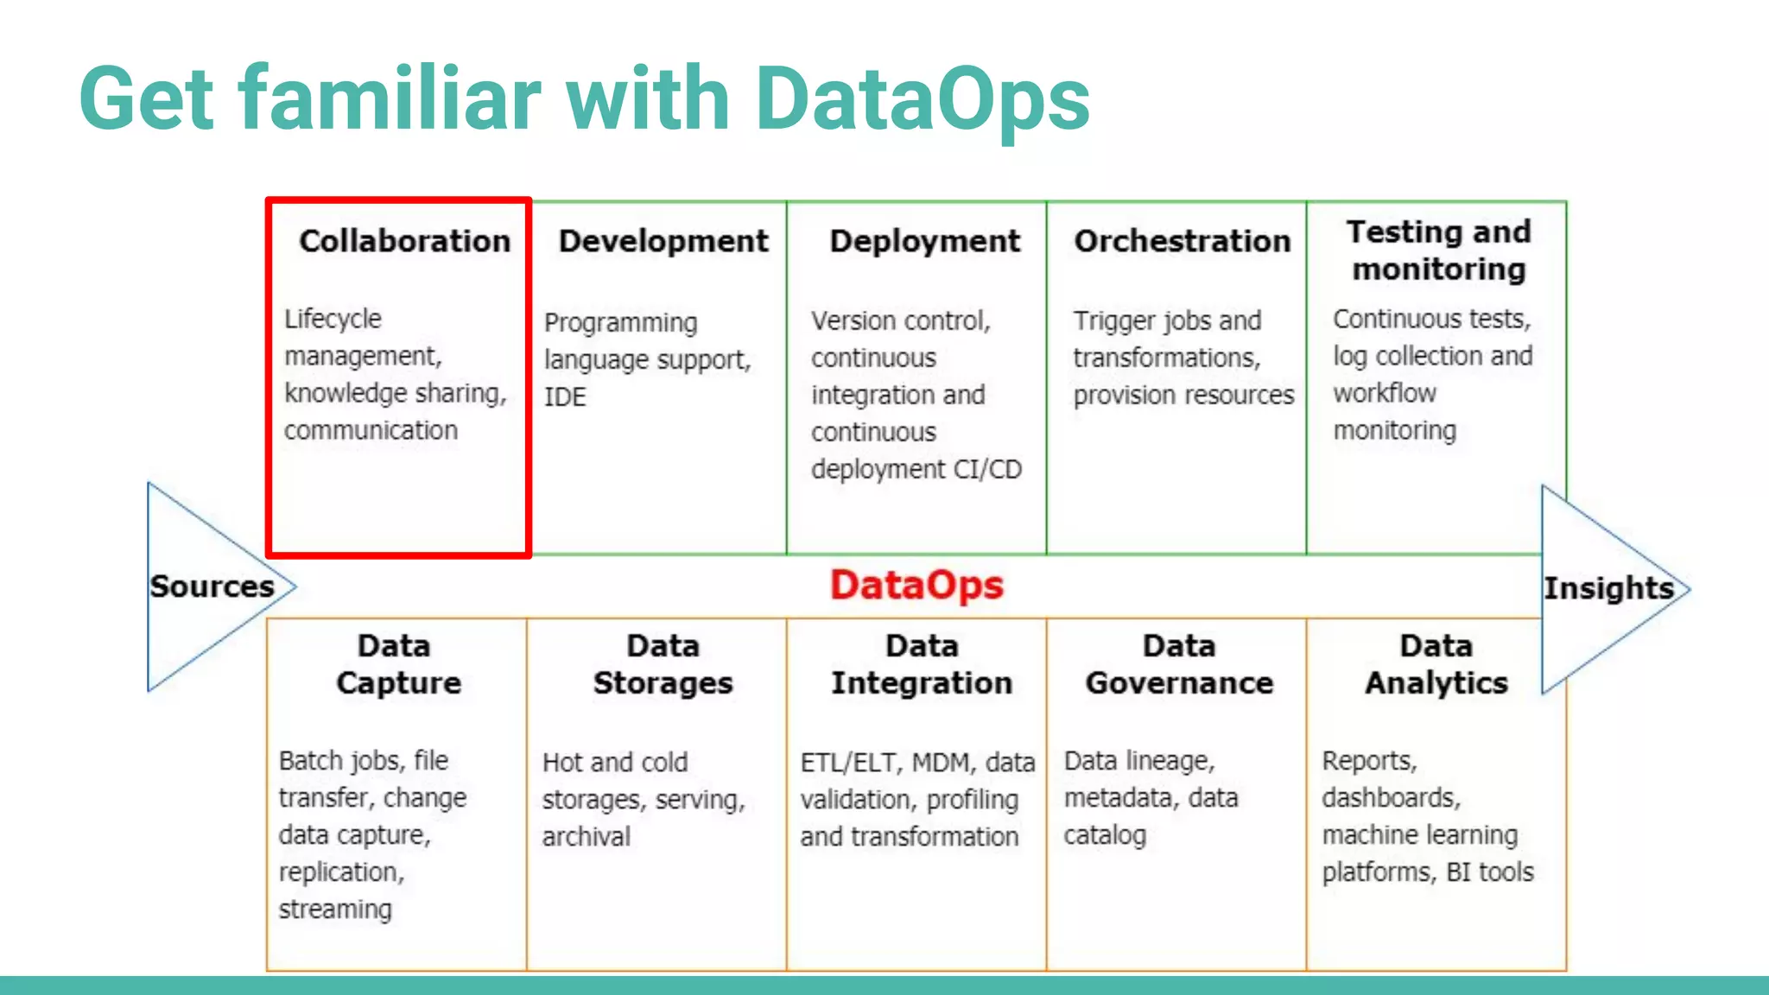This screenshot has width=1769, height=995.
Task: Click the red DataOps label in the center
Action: [916, 586]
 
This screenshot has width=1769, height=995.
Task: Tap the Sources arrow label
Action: [212, 586]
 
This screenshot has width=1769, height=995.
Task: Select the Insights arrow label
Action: [1608, 588]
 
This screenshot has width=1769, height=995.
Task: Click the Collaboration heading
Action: [404, 241]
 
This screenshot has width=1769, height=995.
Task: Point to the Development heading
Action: [663, 241]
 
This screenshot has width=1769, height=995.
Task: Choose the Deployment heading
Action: [924, 241]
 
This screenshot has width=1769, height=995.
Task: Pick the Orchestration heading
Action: [1182, 241]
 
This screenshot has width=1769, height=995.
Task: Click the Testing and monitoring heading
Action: [1438, 250]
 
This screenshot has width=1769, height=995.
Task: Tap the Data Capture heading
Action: [397, 664]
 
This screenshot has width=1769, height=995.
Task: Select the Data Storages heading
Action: [663, 664]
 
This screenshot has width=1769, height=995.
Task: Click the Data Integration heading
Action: [922, 664]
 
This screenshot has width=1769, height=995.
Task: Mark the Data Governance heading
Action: [1179, 664]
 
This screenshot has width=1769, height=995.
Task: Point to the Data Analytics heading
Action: [1436, 664]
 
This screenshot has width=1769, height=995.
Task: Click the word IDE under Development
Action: [565, 397]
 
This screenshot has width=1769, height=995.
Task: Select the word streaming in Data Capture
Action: [335, 909]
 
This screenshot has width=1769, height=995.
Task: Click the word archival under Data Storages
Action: [586, 837]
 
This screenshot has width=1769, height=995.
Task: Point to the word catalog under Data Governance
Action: [1105, 836]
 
